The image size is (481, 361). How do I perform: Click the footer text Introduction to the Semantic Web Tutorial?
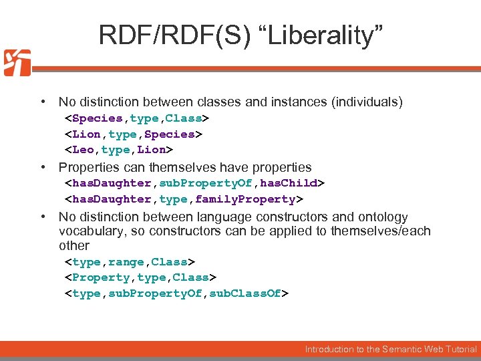tap(391, 349)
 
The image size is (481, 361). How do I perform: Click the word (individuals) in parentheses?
tap(366, 102)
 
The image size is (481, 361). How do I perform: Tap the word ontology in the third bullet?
tap(383, 217)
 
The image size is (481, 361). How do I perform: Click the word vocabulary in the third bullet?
tap(90, 231)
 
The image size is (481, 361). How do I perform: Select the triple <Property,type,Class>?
tap(140, 277)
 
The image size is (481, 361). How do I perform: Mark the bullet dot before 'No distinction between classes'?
tap(43, 102)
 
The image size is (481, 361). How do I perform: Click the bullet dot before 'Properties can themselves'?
tap(43, 167)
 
